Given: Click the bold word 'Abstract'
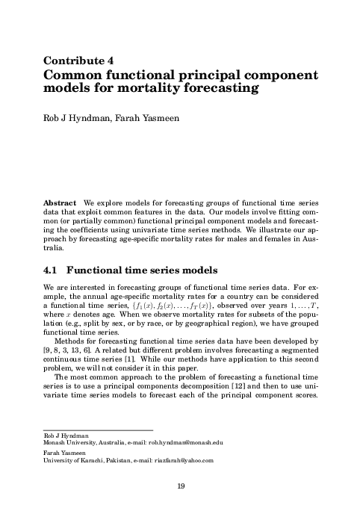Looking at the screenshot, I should coord(60,203).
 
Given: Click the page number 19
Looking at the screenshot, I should coord(181,487).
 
